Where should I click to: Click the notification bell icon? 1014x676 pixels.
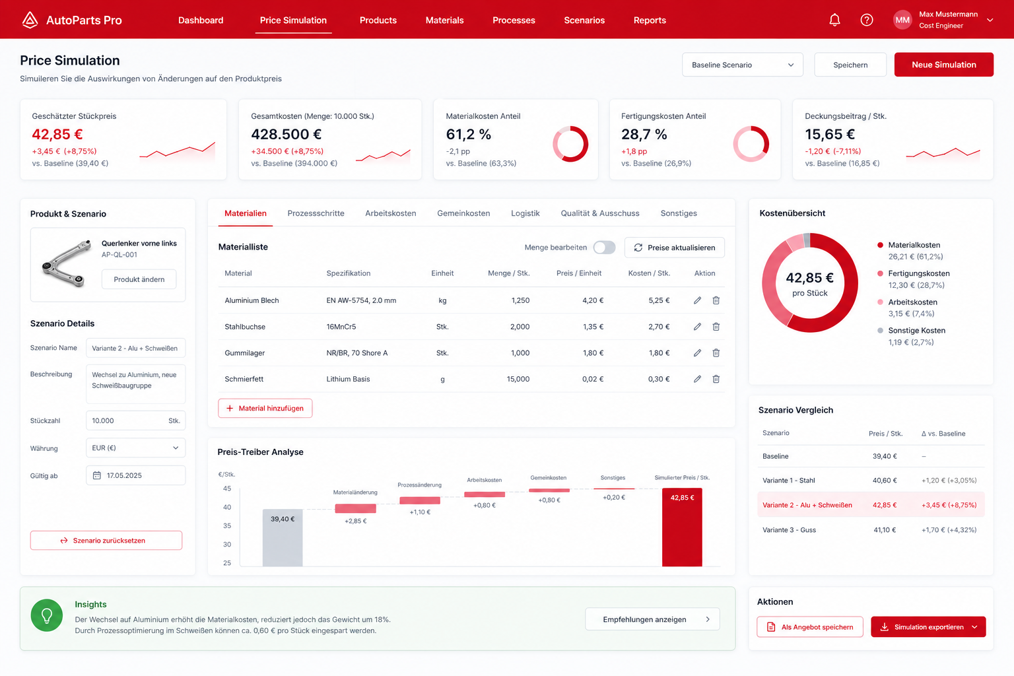[x=834, y=20]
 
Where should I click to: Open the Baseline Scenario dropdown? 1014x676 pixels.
[x=743, y=65]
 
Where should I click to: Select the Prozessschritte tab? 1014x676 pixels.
[x=316, y=213]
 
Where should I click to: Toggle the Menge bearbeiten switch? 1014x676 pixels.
[x=604, y=247]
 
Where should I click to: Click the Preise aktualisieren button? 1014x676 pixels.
[x=675, y=247]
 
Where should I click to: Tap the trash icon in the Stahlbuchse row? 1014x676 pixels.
[x=716, y=327]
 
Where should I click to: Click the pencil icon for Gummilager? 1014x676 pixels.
[x=697, y=353]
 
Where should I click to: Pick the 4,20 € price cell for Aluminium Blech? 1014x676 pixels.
[x=593, y=300]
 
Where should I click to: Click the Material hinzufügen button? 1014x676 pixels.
[x=265, y=408]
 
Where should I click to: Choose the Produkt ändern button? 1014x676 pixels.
[x=139, y=279]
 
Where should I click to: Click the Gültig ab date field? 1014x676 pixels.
[x=135, y=475]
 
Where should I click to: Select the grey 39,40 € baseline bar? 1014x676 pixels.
[x=283, y=537]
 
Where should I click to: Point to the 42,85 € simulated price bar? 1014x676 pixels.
[x=682, y=527]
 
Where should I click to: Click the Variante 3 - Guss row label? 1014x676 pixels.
[x=789, y=529]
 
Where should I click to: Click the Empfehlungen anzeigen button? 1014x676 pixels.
[x=652, y=619]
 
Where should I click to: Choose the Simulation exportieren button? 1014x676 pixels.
[x=928, y=626]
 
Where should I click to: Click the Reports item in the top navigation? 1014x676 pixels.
[x=650, y=20]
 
